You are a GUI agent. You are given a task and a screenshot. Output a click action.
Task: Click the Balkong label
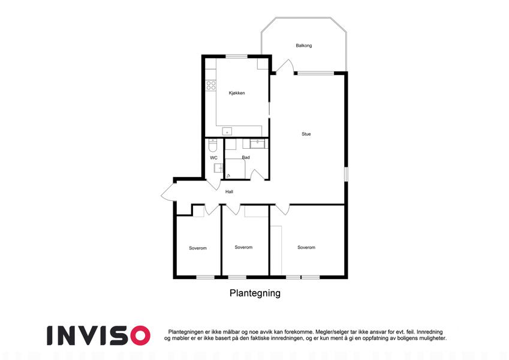(x=303, y=46)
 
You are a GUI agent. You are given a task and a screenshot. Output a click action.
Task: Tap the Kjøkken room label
(x=237, y=93)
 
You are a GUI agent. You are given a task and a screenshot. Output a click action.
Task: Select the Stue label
(x=306, y=134)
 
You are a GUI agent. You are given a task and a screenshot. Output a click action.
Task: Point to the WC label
(x=213, y=158)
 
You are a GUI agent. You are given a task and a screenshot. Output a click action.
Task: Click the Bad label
(x=246, y=158)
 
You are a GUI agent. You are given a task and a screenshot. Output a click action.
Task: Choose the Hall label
(x=229, y=191)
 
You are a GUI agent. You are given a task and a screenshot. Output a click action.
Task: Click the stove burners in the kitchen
(x=211, y=85)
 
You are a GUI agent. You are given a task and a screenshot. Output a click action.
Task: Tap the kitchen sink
(x=227, y=131)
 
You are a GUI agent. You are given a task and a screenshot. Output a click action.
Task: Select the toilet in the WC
(x=213, y=145)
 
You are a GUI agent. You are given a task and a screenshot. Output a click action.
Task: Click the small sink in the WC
(x=218, y=168)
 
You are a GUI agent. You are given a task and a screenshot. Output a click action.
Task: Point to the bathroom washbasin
(x=258, y=143)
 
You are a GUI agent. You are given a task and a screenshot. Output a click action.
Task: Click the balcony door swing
(x=285, y=66)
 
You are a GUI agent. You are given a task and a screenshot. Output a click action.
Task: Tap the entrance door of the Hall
(x=168, y=193)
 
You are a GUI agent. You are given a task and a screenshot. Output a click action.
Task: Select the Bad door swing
(x=257, y=175)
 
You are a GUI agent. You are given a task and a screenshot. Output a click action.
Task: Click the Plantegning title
(x=255, y=293)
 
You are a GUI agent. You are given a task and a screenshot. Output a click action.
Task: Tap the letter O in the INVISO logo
(x=140, y=335)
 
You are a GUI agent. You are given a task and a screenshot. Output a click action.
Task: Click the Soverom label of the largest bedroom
(x=306, y=247)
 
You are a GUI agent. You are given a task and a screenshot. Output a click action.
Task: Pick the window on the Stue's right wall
(x=346, y=174)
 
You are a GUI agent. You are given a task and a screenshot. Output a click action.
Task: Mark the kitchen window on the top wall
(x=236, y=56)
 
